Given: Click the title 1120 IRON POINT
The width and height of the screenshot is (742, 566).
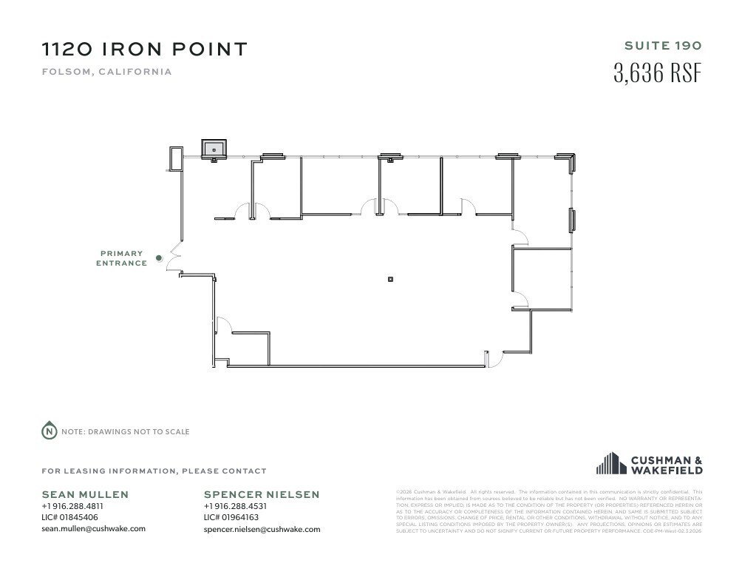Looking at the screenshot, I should click(x=144, y=50).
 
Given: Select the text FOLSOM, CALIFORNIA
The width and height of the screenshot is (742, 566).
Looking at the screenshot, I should click(x=106, y=72).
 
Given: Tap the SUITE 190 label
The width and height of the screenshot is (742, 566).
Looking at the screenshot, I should click(x=662, y=45).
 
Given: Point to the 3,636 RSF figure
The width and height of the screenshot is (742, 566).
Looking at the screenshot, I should click(x=656, y=73).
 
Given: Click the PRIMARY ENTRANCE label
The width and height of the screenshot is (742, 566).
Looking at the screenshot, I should click(x=121, y=258).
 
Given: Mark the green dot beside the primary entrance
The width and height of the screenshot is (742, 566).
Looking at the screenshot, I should click(x=158, y=258).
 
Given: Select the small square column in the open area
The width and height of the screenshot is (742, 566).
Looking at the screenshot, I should click(x=391, y=279).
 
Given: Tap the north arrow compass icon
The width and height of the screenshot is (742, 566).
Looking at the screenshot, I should click(x=49, y=431).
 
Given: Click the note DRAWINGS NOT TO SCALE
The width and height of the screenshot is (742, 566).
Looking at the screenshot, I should click(x=125, y=431).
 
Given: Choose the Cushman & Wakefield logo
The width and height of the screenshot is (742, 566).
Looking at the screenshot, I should click(x=649, y=464).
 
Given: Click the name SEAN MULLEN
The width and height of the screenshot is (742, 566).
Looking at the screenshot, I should click(x=85, y=494).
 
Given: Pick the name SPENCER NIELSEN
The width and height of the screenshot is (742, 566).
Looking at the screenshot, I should click(x=262, y=494).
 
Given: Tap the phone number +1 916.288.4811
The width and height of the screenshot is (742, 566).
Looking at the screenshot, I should click(x=72, y=506).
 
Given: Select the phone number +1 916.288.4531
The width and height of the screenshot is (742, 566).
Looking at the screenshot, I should click(x=234, y=506).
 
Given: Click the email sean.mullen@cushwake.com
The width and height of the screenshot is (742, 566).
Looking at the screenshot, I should click(x=93, y=528).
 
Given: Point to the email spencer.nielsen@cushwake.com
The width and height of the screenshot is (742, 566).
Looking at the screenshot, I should click(x=262, y=529).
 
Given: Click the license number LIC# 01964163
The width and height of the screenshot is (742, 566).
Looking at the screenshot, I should click(x=231, y=517).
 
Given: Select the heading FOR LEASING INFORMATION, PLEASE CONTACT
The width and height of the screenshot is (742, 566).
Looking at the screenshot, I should click(x=154, y=471).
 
